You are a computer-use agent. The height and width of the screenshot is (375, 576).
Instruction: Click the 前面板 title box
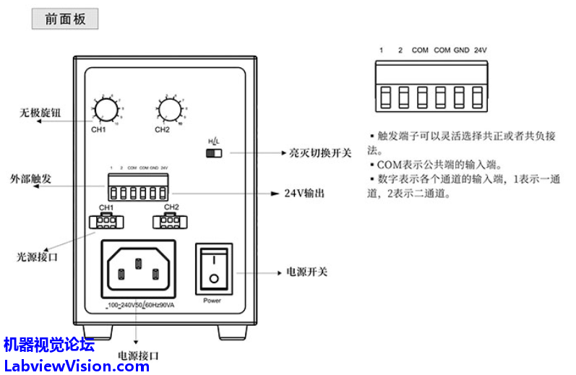pyautogui.click(x=65, y=20)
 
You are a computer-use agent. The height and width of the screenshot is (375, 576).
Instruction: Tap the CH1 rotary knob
pyautogui.click(x=106, y=110)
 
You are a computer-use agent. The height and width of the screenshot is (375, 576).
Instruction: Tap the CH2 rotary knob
pyautogui.click(x=170, y=110)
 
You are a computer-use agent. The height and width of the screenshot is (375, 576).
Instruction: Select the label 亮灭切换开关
pyautogui.click(x=320, y=153)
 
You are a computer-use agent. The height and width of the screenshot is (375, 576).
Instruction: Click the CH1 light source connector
pyautogui.click(x=107, y=221)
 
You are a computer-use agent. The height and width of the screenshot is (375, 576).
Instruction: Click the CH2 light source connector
pyautogui.click(x=171, y=221)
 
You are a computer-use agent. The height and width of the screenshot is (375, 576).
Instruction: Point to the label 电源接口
pyautogui.click(x=137, y=355)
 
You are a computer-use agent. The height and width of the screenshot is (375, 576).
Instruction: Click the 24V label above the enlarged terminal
pyautogui.click(x=481, y=51)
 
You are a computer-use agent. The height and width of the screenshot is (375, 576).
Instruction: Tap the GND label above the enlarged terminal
pyautogui.click(x=461, y=51)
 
